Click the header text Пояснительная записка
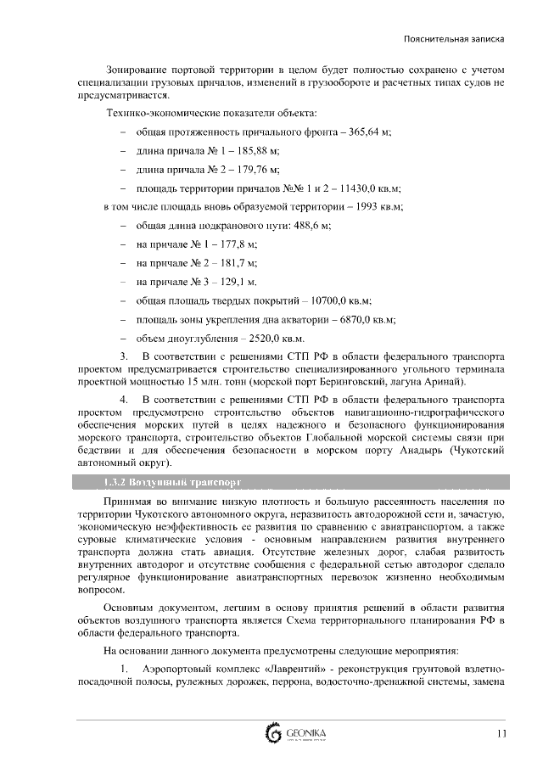click(x=455, y=38)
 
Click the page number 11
click(x=501, y=734)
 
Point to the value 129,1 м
click(x=236, y=281)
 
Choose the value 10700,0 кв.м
click(x=341, y=300)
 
